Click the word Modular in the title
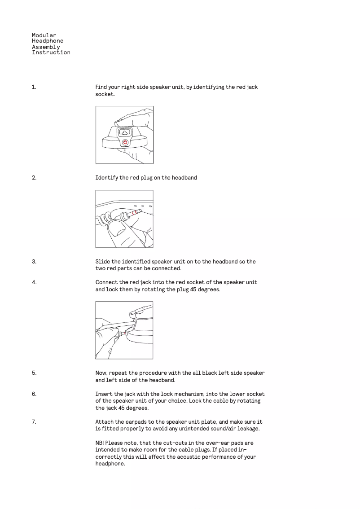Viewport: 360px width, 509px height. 44,35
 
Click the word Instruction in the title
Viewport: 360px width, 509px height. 51,53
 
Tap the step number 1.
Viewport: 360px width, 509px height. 34,87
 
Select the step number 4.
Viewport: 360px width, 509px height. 34,282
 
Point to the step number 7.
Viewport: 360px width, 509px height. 34,422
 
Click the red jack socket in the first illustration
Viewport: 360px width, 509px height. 125,142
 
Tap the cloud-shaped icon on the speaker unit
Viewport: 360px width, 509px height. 124,132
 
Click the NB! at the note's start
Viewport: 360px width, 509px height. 100,443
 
